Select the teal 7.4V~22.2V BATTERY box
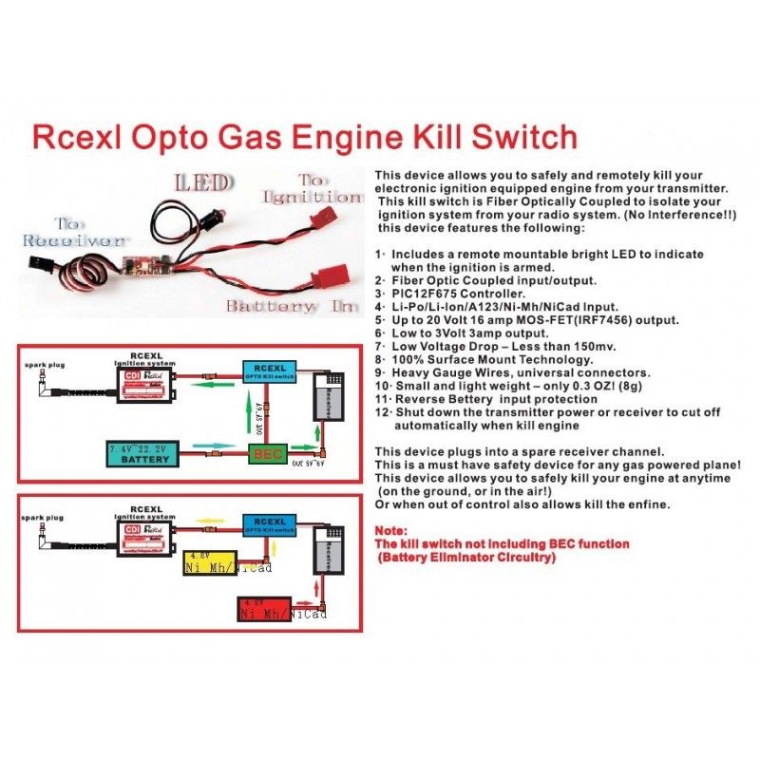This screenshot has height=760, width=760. coord(147,452)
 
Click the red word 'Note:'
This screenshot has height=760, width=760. coord(390,530)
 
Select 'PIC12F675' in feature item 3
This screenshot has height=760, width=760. coord(431,294)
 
